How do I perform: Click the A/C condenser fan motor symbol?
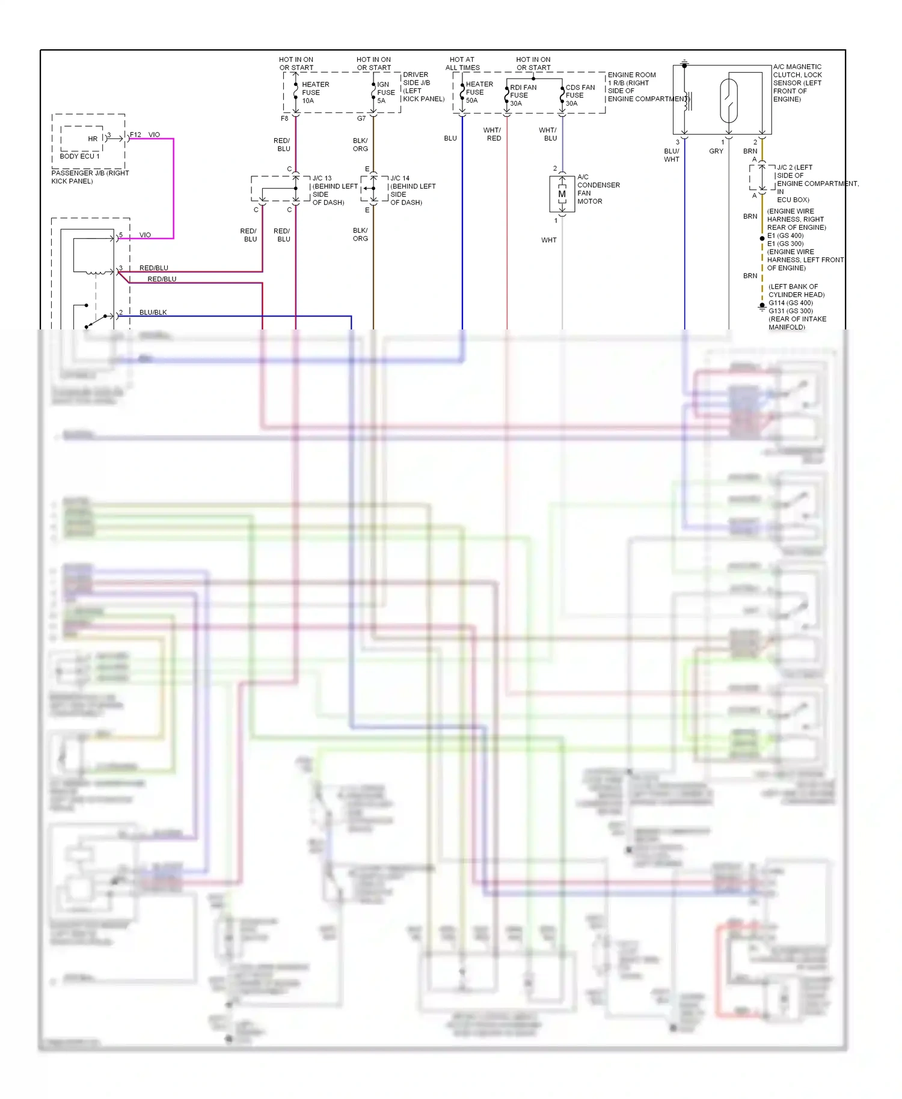[562, 194]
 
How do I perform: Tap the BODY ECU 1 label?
[79, 156]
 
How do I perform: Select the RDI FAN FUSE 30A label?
[523, 95]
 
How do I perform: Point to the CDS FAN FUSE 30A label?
[580, 95]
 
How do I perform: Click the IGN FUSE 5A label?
[385, 93]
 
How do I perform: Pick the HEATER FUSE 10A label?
[314, 93]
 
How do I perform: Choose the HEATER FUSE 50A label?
[479, 92]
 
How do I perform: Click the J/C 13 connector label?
[322, 179]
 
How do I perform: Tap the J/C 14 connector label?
[399, 179]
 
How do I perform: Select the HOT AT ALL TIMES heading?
[462, 64]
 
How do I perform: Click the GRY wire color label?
[716, 152]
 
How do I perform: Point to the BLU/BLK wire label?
[153, 313]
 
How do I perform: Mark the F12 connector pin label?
[135, 135]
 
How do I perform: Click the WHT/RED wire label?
[492, 134]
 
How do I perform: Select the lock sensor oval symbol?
[728, 100]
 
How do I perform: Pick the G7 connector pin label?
[361, 118]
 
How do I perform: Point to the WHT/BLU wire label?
[548, 134]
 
